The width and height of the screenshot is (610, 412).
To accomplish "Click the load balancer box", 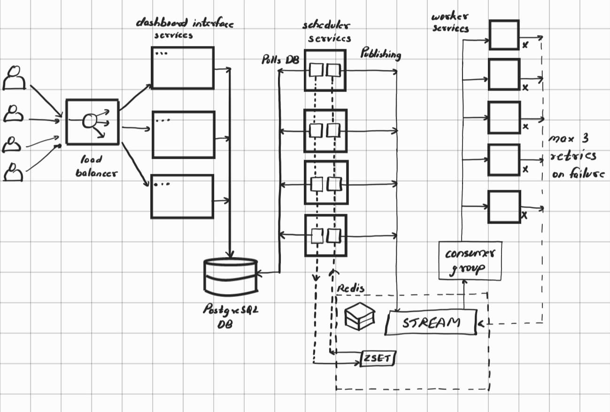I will pyautogui.click(x=92, y=122).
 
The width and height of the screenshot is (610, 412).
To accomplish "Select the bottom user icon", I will pyautogui.click(x=14, y=172).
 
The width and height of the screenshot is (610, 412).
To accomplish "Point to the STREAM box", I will pyautogui.click(x=431, y=323).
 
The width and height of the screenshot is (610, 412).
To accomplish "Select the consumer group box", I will pyautogui.click(x=470, y=261).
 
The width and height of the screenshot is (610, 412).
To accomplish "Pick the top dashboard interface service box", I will pyautogui.click(x=183, y=68).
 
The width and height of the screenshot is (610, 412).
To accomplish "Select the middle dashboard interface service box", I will pyautogui.click(x=183, y=135).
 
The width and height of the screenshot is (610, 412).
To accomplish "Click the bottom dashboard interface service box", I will pyautogui.click(x=182, y=196).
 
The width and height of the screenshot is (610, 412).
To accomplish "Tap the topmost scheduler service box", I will pyautogui.click(x=325, y=70).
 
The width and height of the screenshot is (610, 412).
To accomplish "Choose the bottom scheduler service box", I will pyautogui.click(x=325, y=235).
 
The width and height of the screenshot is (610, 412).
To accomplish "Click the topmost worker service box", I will pyautogui.click(x=504, y=35).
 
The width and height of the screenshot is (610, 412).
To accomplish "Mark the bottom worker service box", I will pyautogui.click(x=504, y=207).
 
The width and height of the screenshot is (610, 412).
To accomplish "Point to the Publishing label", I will pyautogui.click(x=380, y=54).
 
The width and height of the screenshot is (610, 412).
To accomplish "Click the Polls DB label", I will pyautogui.click(x=280, y=60).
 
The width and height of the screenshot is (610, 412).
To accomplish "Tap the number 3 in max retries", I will pyautogui.click(x=584, y=139).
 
